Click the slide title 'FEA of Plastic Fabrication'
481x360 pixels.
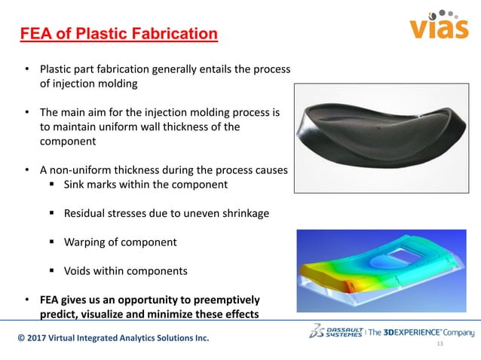118,34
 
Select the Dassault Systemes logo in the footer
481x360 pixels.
336,332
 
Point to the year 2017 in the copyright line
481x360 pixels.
41,338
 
